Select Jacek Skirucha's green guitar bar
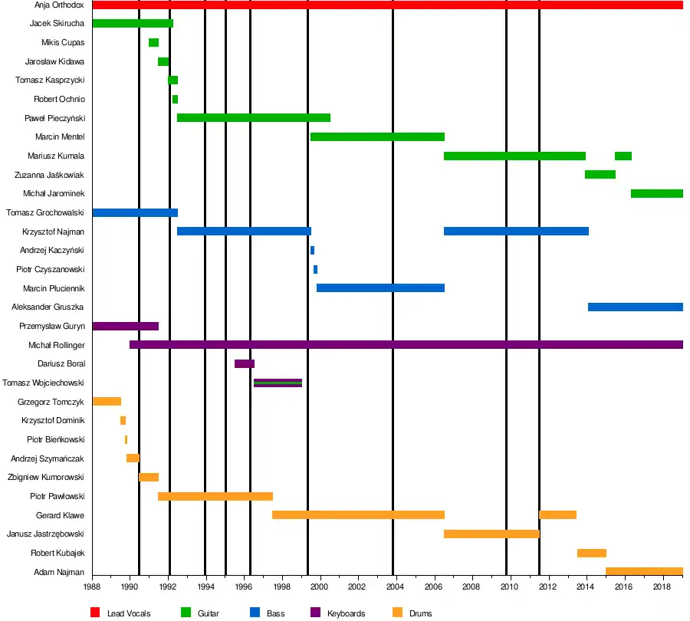133,24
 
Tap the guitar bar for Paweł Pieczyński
253,118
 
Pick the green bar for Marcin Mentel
377,137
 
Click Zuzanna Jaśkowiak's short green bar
600,175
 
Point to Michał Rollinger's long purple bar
406,345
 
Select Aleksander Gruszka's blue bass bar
635,307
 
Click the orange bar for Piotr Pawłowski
215,497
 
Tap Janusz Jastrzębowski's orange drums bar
491,534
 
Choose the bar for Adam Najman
644,572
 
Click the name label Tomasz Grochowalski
45,212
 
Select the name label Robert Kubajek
58,553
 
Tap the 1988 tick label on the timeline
92,587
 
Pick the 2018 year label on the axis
662,587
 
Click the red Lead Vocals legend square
96,613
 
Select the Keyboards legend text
346,613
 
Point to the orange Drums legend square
397,613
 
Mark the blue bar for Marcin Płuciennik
380,288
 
